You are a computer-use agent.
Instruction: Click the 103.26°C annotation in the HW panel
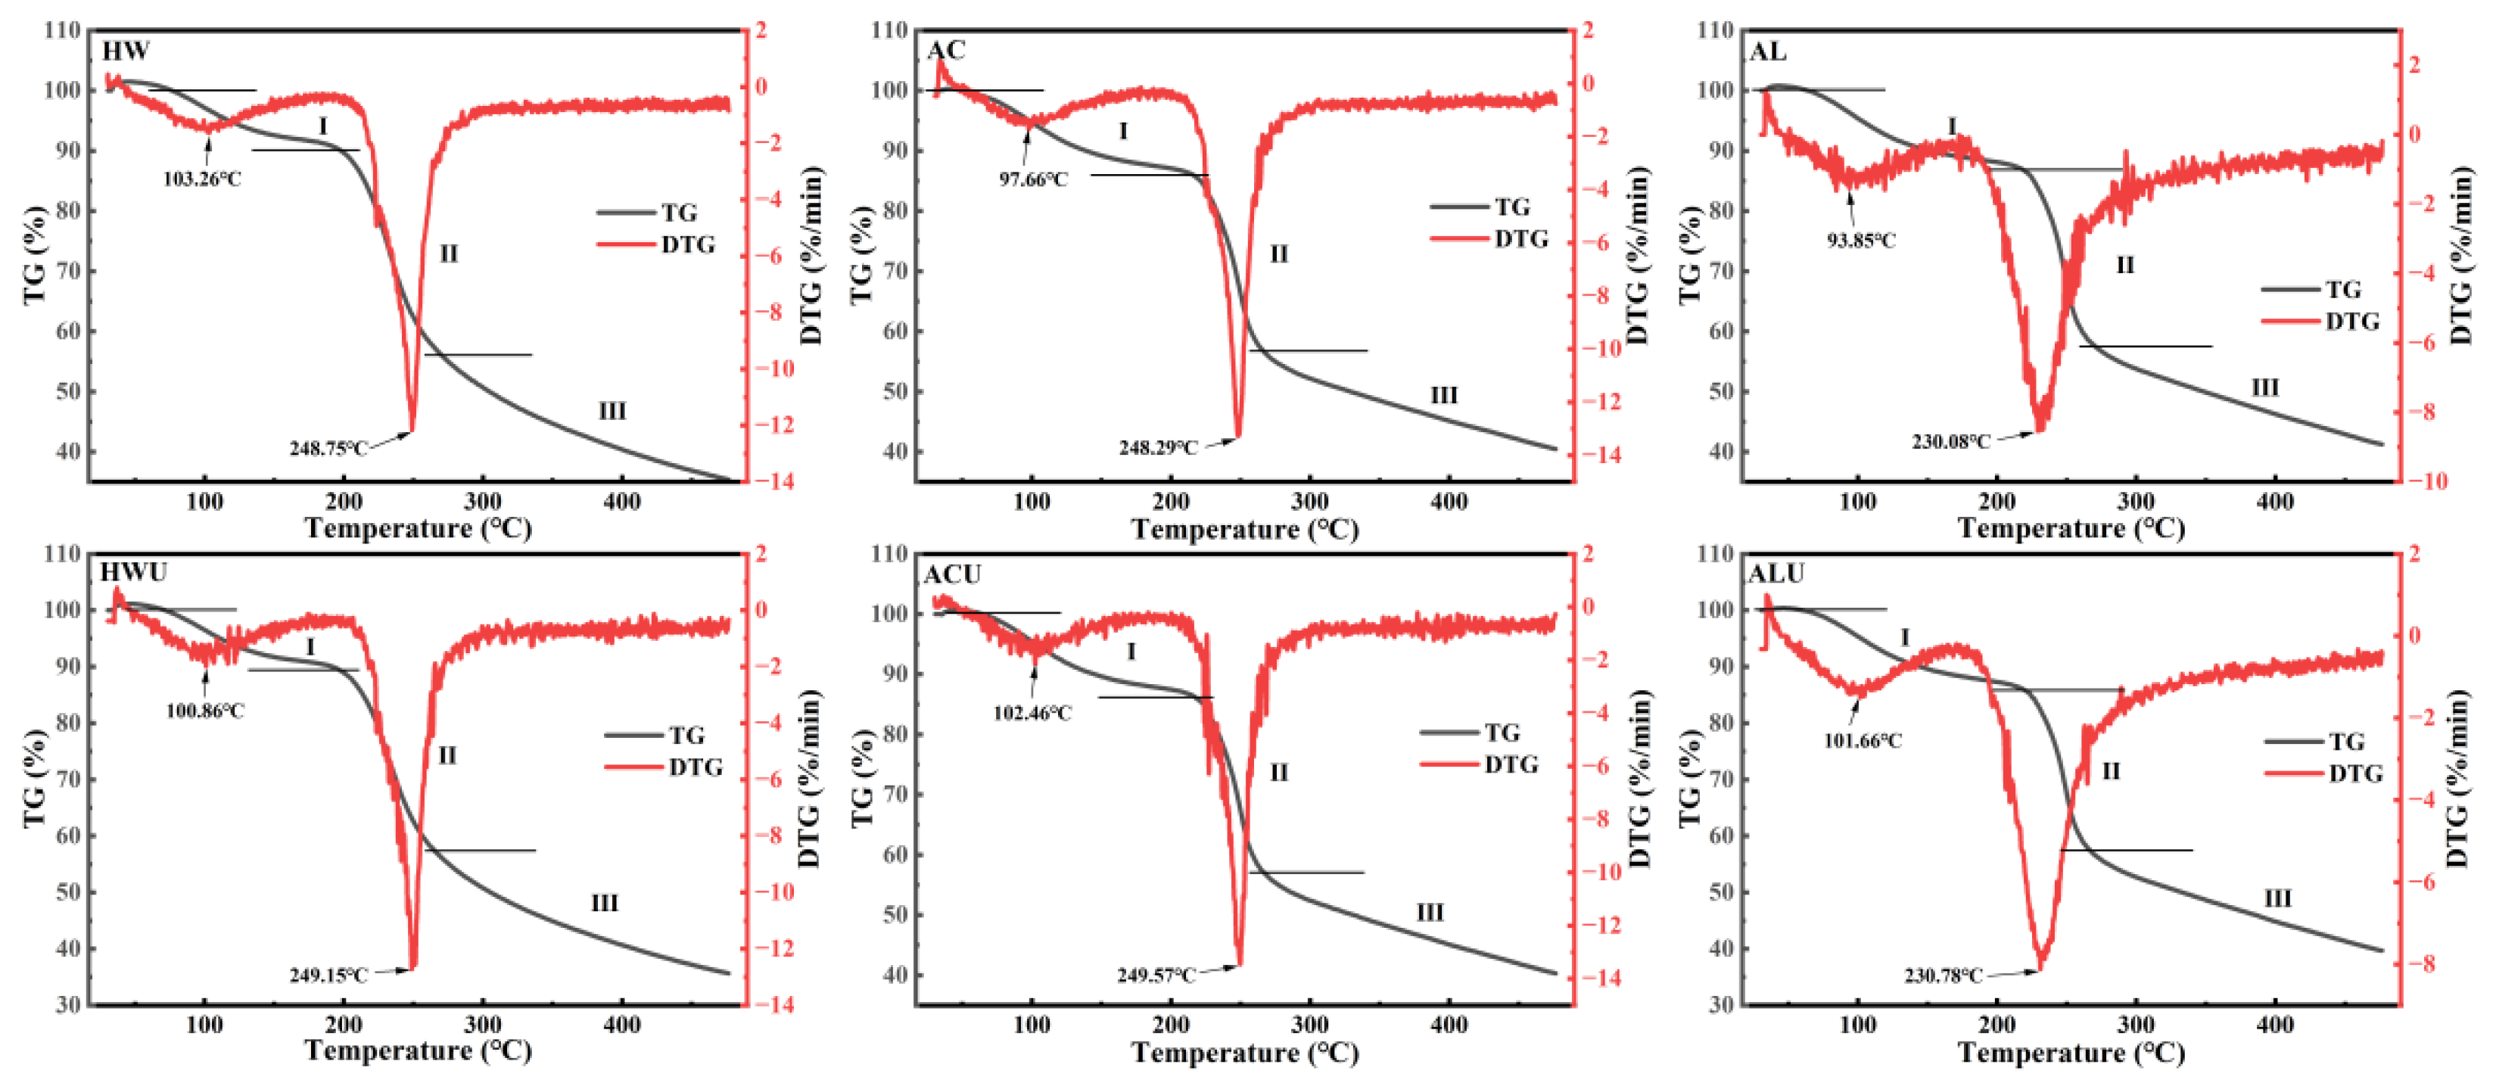coord(201,179)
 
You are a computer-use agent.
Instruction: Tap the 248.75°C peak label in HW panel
coord(328,449)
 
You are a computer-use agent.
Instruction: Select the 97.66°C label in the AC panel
coord(1033,179)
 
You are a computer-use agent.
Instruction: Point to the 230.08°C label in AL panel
coord(1950,442)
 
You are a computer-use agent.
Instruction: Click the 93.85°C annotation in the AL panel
coord(1860,240)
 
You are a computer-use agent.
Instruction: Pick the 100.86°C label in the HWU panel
coord(204,711)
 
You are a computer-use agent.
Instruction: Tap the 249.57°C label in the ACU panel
coord(1156,975)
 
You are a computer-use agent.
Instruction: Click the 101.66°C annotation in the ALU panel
coord(1863,741)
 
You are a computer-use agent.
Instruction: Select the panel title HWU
coord(134,573)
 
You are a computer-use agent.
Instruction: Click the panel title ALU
coord(1775,574)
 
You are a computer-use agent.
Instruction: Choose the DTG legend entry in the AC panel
coord(1520,239)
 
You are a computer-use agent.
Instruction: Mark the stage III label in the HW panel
coord(612,411)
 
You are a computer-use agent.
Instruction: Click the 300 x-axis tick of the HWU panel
coord(481,1025)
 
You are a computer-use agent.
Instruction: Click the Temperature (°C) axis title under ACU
coord(1244,1053)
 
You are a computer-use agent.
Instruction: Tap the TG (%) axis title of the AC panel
coord(861,256)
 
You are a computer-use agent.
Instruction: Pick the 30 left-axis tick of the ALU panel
coord(1722,1004)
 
